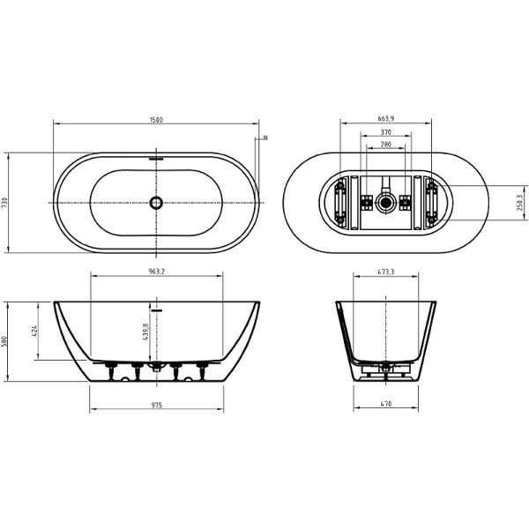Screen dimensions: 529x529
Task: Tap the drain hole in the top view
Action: [156, 203]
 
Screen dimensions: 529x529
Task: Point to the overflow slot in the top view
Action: [157, 160]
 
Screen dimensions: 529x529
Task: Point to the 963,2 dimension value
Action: [157, 272]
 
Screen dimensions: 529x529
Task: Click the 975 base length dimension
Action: [156, 406]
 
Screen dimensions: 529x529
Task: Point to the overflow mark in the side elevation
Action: [158, 310]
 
